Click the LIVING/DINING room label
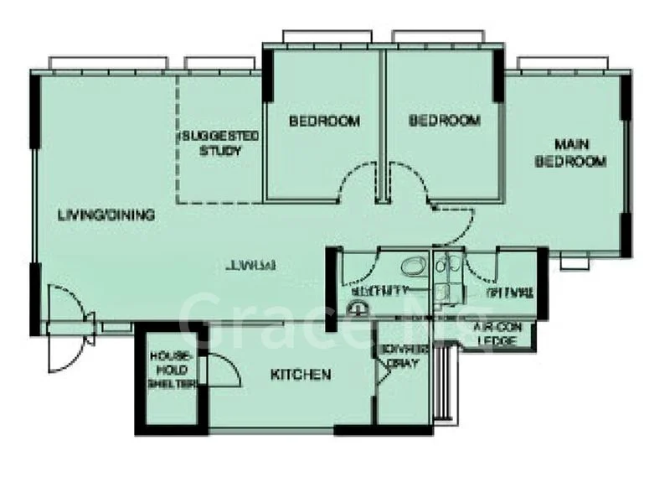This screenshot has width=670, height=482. (106, 215)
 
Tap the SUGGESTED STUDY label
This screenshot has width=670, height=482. (219, 143)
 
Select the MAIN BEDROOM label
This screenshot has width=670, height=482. (570, 154)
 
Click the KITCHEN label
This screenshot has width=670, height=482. (301, 375)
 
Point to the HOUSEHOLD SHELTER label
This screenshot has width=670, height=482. (171, 371)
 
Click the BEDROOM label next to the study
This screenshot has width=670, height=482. (324, 122)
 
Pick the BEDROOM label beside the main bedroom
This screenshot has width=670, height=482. (445, 121)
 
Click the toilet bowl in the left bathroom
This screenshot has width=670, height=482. (411, 268)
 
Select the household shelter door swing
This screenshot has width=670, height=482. (219, 369)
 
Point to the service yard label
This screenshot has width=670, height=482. (405, 358)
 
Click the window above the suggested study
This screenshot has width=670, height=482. (219, 64)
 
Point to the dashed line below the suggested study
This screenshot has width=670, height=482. (219, 202)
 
